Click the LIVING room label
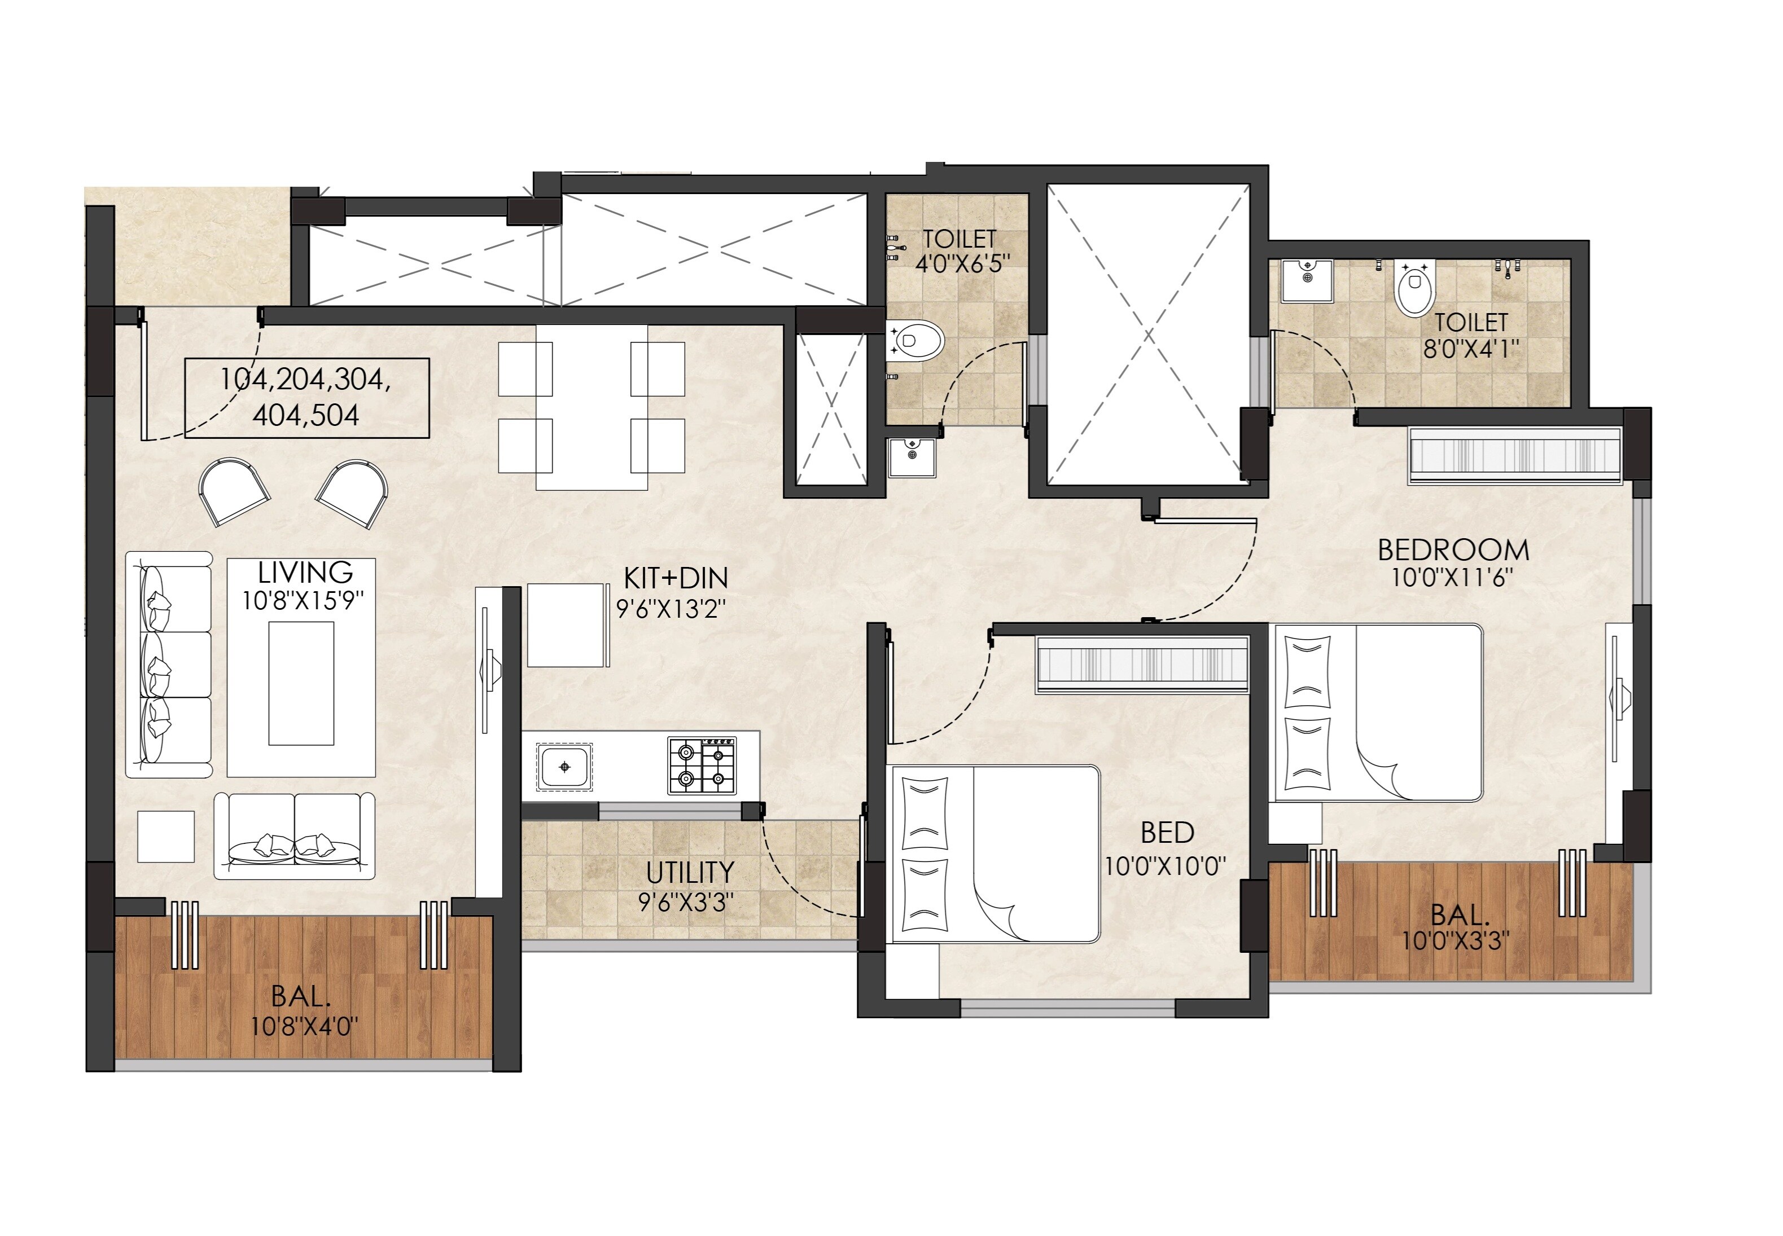pyautogui.click(x=305, y=573)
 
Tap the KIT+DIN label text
pyautogui.click(x=675, y=578)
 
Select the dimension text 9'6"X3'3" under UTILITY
pyautogui.click(x=686, y=902)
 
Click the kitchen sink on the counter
pyautogui.click(x=564, y=767)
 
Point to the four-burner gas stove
pyautogui.click(x=701, y=765)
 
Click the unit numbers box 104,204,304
pyautogui.click(x=307, y=397)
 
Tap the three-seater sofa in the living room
pyautogui.click(x=169, y=665)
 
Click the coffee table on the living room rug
pyautogui.click(x=301, y=682)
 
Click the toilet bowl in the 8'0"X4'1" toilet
pyautogui.click(x=1415, y=288)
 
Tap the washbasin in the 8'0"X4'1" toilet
pyautogui.click(x=1307, y=280)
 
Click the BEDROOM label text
pyautogui.click(x=1453, y=550)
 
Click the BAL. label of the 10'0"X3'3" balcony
pyautogui.click(x=1458, y=914)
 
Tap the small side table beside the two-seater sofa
pyautogui.click(x=166, y=837)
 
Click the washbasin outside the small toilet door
pyautogui.click(x=912, y=457)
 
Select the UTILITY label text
pyautogui.click(x=690, y=873)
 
